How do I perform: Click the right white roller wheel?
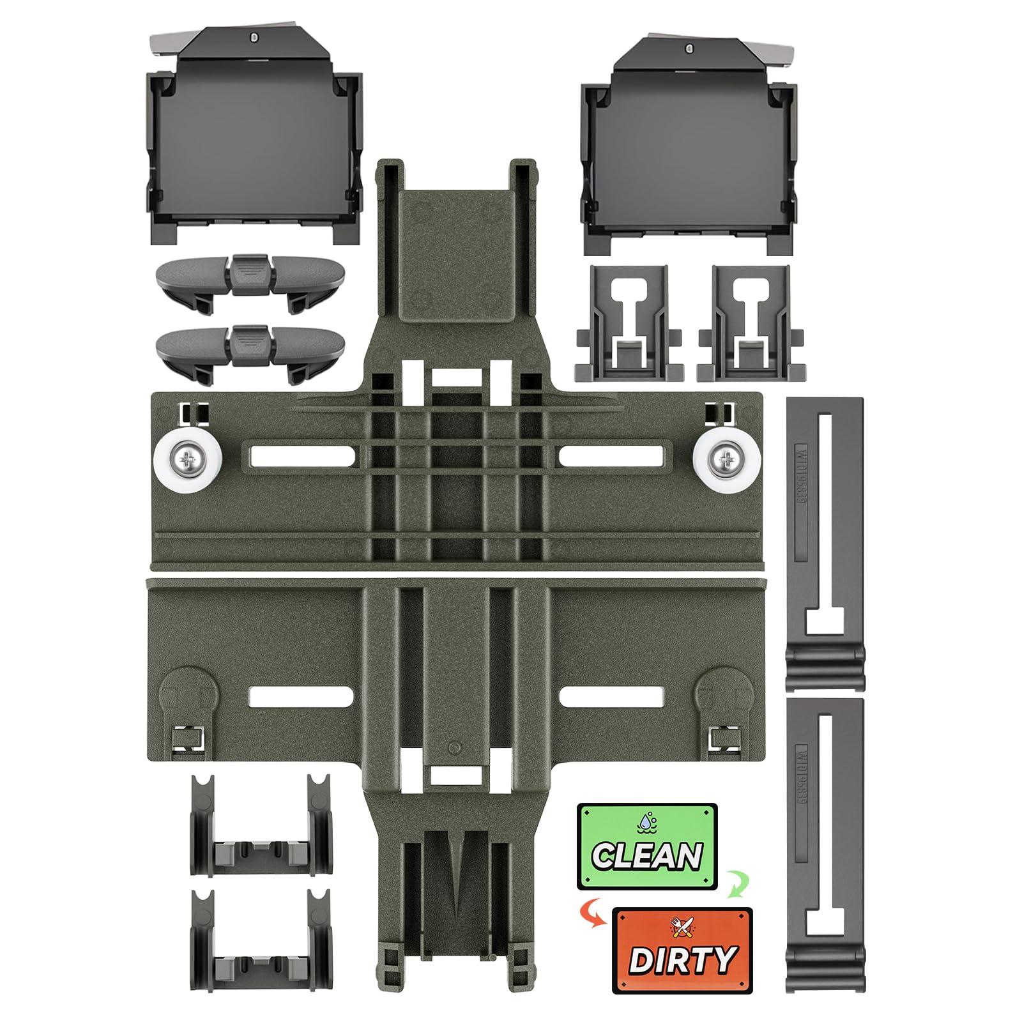(722, 457)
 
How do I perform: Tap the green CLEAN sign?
(646, 846)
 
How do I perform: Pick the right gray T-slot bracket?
(751, 323)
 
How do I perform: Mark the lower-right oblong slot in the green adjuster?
(612, 696)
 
